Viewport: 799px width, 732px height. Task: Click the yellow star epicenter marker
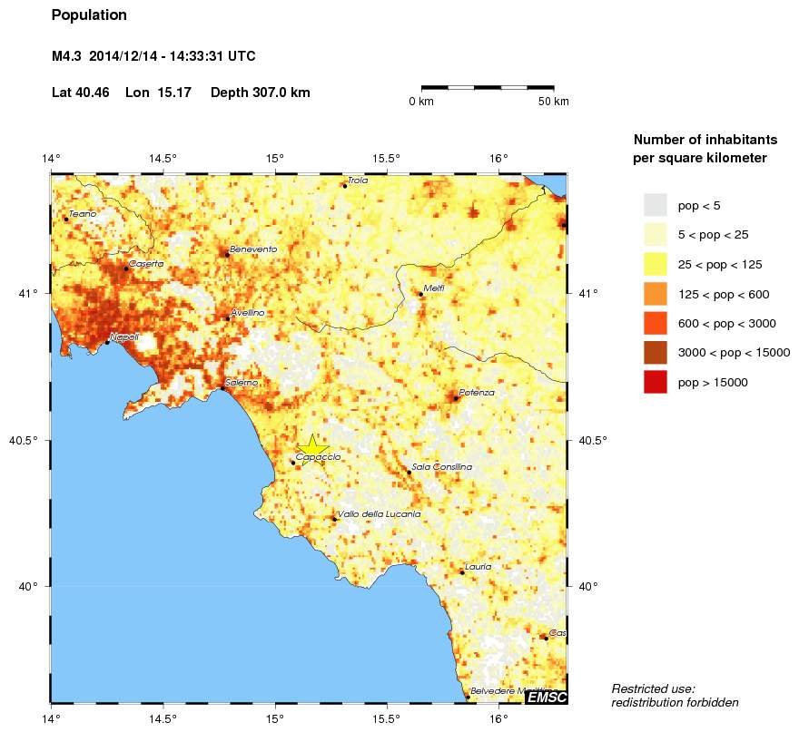[312, 446]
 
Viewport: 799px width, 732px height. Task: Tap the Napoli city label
[124, 337]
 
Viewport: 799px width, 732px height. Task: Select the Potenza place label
[477, 392]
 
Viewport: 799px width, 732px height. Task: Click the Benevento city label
[253, 249]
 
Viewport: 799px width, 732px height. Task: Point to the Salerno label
[242, 383]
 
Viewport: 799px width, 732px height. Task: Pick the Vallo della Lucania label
[379, 514]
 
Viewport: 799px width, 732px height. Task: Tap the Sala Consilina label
[442, 466]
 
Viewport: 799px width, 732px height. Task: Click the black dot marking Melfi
[420, 294]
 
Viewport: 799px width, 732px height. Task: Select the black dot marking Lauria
[462, 572]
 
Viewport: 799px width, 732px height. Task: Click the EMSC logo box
[547, 696]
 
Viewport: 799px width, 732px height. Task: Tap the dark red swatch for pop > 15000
[655, 383]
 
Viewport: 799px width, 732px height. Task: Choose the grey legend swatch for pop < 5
[655, 205]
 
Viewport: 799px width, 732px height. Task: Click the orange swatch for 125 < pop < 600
[655, 294]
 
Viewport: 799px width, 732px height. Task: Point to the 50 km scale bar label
[553, 102]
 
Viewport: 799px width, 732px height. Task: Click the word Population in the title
[89, 15]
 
